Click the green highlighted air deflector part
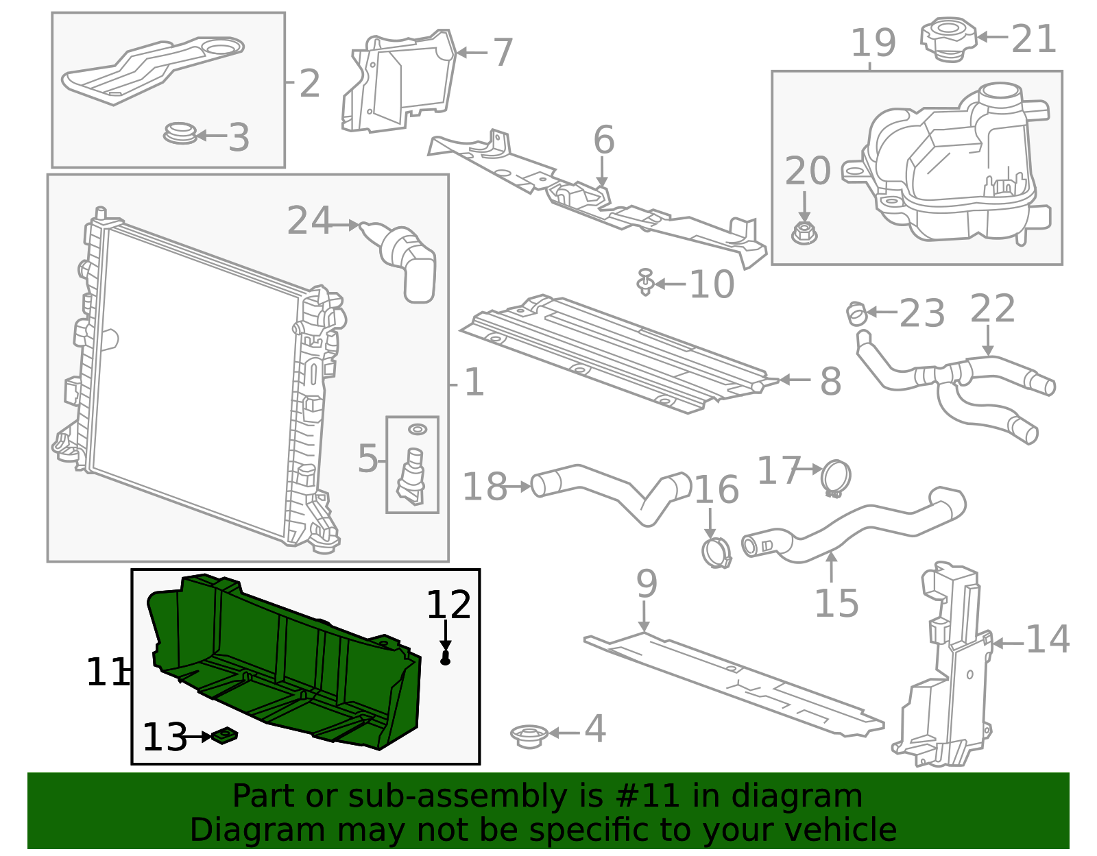tap(288, 665)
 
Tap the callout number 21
tap(1033, 39)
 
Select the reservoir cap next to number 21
tap(948, 39)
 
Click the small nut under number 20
tap(804, 233)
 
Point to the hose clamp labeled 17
tap(836, 478)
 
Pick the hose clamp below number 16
tap(716, 552)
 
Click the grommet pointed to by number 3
tap(180, 133)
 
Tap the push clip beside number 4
tap(529, 735)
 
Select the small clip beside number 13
tap(225, 736)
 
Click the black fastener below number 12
tap(446, 659)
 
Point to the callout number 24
tap(309, 221)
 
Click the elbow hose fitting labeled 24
tap(408, 260)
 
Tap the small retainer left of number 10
tap(644, 282)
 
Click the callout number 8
tap(830, 381)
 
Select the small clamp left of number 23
tap(856, 313)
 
